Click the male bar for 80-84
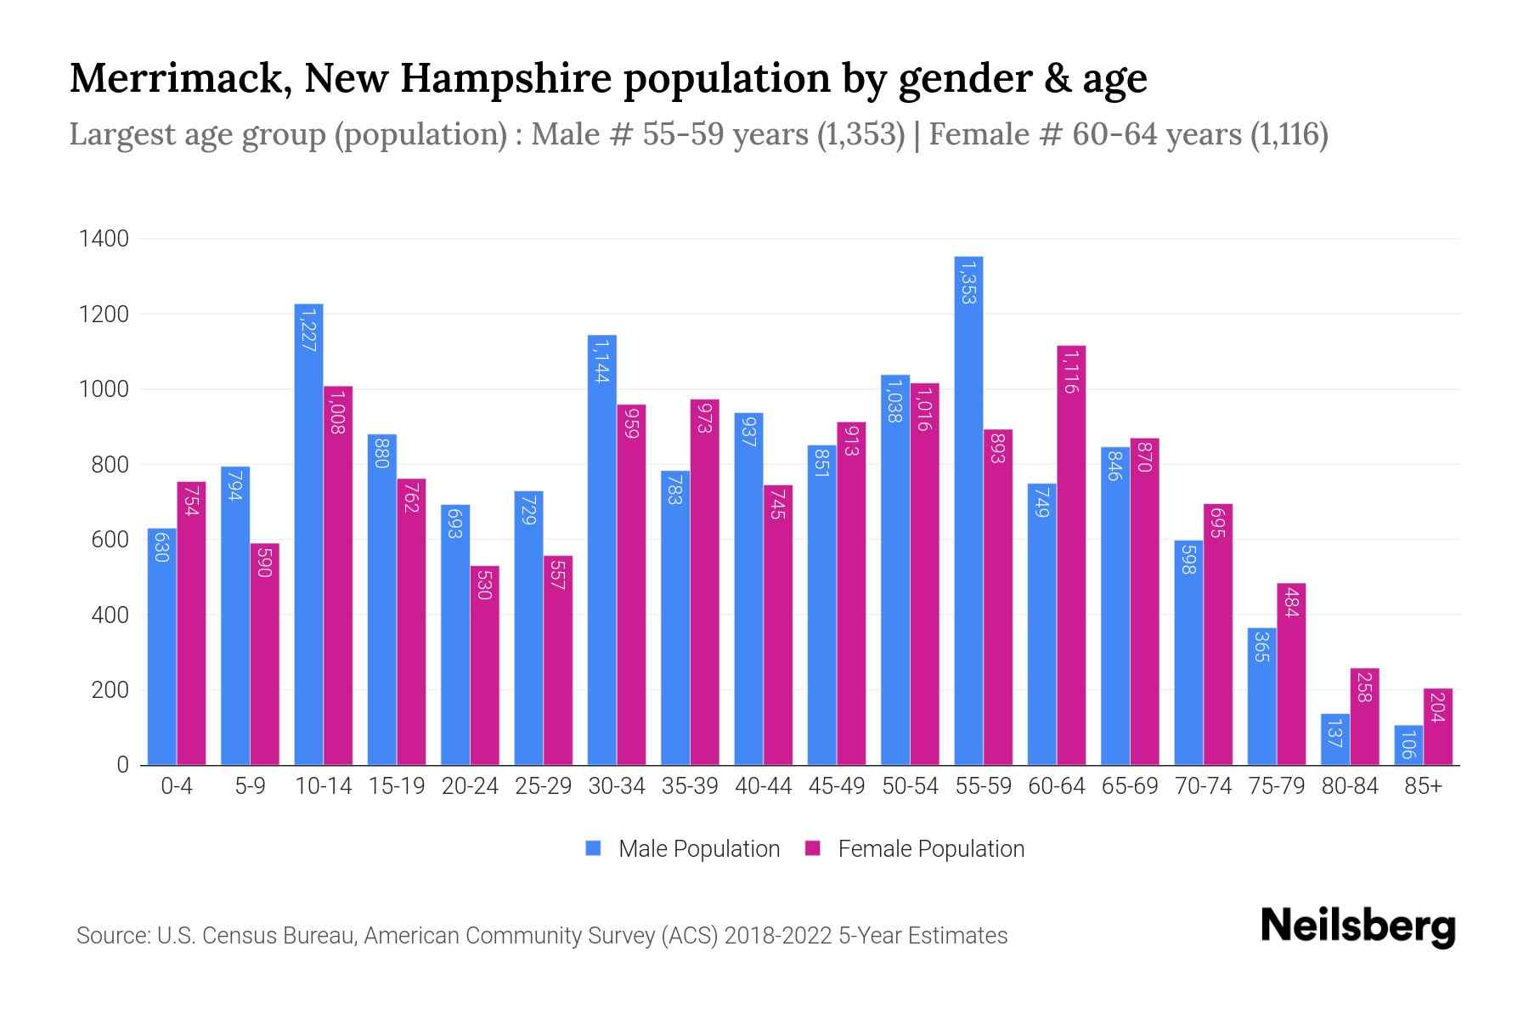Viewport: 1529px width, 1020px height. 1335,739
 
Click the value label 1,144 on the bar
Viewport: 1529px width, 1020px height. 601,362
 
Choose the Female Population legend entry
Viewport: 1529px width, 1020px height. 915,849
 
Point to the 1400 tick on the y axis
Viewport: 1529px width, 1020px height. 104,239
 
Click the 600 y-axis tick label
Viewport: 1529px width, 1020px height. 109,540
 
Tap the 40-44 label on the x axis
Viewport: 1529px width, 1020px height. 763,787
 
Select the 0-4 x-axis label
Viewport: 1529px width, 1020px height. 177,787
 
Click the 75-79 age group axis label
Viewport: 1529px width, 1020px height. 1276,787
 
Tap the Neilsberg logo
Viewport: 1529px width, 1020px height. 1357,927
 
